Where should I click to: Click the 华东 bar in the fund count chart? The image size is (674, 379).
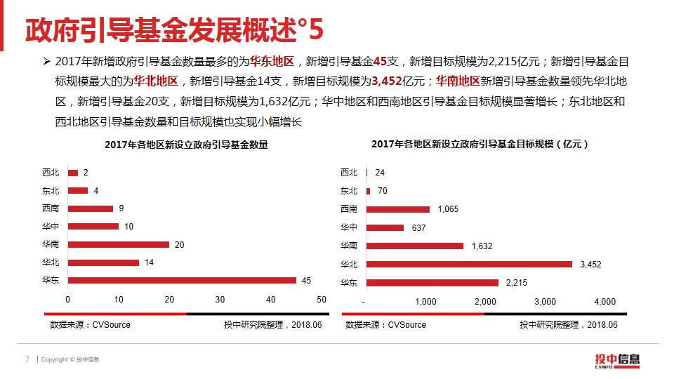tap(182, 280)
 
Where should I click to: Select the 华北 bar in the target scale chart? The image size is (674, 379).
tap(469, 264)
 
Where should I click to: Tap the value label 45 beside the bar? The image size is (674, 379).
tap(306, 281)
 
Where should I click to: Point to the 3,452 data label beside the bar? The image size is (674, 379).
tap(590, 265)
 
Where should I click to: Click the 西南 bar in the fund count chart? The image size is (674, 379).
tap(91, 208)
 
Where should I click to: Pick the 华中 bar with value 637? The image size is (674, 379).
tap(385, 227)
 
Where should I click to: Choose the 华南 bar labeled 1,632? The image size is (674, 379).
tap(415, 246)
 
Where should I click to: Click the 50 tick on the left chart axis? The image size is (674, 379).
tap(322, 300)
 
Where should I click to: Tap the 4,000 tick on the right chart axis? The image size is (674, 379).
tap(605, 302)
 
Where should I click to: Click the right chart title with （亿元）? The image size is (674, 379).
tap(480, 144)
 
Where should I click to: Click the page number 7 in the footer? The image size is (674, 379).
tap(27, 359)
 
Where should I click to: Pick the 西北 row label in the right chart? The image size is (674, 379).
tap(349, 173)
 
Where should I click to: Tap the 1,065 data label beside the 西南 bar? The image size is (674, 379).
tap(448, 209)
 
